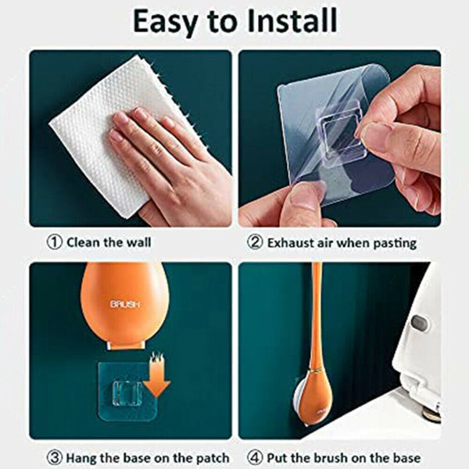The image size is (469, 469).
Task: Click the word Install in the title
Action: point(292,21)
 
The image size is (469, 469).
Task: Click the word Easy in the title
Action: point(166,22)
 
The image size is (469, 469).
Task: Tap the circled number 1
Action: point(55,242)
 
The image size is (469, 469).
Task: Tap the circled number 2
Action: point(255,242)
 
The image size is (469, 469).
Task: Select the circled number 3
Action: point(55,457)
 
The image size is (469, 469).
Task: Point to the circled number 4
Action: point(255,457)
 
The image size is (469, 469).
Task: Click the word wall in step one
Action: point(138,242)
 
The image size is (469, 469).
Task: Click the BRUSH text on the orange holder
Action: point(125,305)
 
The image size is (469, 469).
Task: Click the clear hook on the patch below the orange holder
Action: point(127,393)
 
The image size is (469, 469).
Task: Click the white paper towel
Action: point(98,126)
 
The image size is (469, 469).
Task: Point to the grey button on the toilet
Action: point(419,324)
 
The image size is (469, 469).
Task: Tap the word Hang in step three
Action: point(81,458)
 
